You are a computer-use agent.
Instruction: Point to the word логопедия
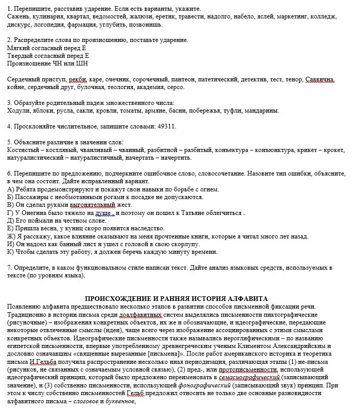click(x=57, y=25)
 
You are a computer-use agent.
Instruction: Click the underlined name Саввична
click(x=320, y=80)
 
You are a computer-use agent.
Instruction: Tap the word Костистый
click(x=23, y=149)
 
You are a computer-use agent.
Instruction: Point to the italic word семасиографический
click(x=248, y=377)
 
